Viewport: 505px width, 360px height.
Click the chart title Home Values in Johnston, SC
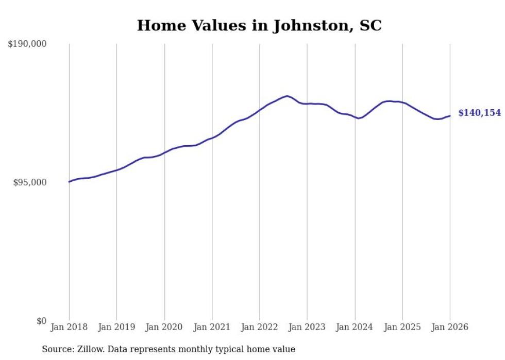[259, 25]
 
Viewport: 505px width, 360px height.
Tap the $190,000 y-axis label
[27, 44]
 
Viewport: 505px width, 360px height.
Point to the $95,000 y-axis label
[30, 183]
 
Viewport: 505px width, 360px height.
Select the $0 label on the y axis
[41, 321]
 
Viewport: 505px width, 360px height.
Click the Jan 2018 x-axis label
[69, 327]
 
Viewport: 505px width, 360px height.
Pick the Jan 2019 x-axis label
[116, 327]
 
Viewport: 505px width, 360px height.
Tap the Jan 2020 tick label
[164, 327]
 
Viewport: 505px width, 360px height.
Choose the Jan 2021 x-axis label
[212, 327]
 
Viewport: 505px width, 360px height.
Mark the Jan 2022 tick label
[260, 327]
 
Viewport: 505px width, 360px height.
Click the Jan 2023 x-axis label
[307, 327]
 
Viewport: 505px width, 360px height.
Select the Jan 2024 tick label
[355, 327]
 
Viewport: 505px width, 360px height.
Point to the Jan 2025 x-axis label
[402, 327]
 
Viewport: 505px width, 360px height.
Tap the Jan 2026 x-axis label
[450, 327]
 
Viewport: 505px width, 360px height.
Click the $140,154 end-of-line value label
[479, 113]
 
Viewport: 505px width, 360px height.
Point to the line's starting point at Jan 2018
[69, 182]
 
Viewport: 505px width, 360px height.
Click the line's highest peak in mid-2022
[287, 96]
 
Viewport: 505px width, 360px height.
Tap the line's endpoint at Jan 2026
[450, 116]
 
